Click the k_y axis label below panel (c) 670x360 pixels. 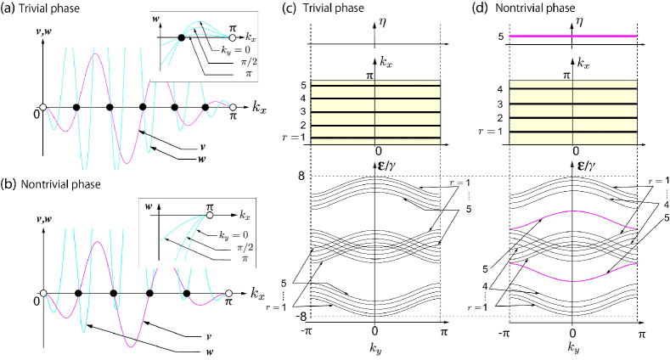point(374,346)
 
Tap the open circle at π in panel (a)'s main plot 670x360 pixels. point(233,108)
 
